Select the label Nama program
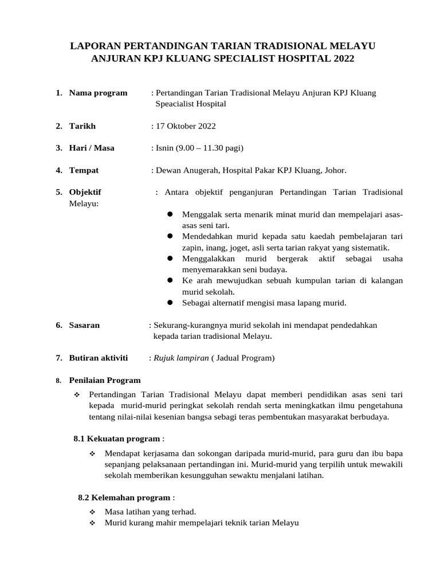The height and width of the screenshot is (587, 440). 98,93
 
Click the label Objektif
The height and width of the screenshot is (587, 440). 85,192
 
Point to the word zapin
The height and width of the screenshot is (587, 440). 192,248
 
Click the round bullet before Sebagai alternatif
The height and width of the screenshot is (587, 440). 170,303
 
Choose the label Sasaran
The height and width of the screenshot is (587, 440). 84,325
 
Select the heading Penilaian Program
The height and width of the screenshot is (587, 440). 104,380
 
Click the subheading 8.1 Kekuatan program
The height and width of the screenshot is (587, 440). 117,439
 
